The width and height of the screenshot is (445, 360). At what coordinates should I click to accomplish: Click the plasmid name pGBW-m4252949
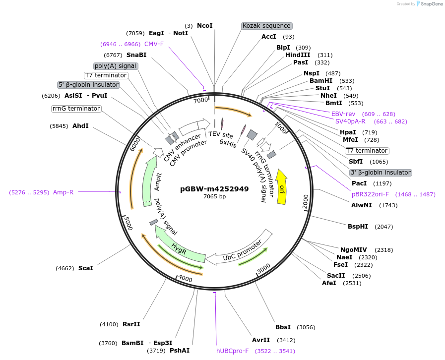point(214,189)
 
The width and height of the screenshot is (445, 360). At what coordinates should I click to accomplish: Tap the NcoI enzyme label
point(204,26)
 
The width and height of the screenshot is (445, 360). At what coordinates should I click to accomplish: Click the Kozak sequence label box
point(266,26)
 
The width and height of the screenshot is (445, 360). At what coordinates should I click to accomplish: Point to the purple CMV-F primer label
point(154,44)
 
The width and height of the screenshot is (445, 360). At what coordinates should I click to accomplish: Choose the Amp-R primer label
point(63,192)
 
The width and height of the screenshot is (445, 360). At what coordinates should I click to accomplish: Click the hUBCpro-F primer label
point(232,351)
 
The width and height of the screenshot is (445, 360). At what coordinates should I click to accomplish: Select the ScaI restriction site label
point(85,268)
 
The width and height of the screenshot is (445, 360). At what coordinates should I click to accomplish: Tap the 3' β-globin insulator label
point(381,173)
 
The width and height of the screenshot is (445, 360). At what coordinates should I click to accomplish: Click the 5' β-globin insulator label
point(89,85)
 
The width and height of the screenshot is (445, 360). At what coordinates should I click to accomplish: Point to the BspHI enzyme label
point(358,227)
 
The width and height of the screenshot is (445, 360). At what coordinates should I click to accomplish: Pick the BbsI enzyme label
point(283,327)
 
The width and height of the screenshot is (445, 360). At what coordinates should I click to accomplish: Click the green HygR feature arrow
point(180,246)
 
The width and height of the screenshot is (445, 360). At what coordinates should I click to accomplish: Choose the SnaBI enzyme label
point(136,55)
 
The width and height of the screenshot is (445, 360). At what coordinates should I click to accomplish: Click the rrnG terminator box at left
point(76,109)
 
